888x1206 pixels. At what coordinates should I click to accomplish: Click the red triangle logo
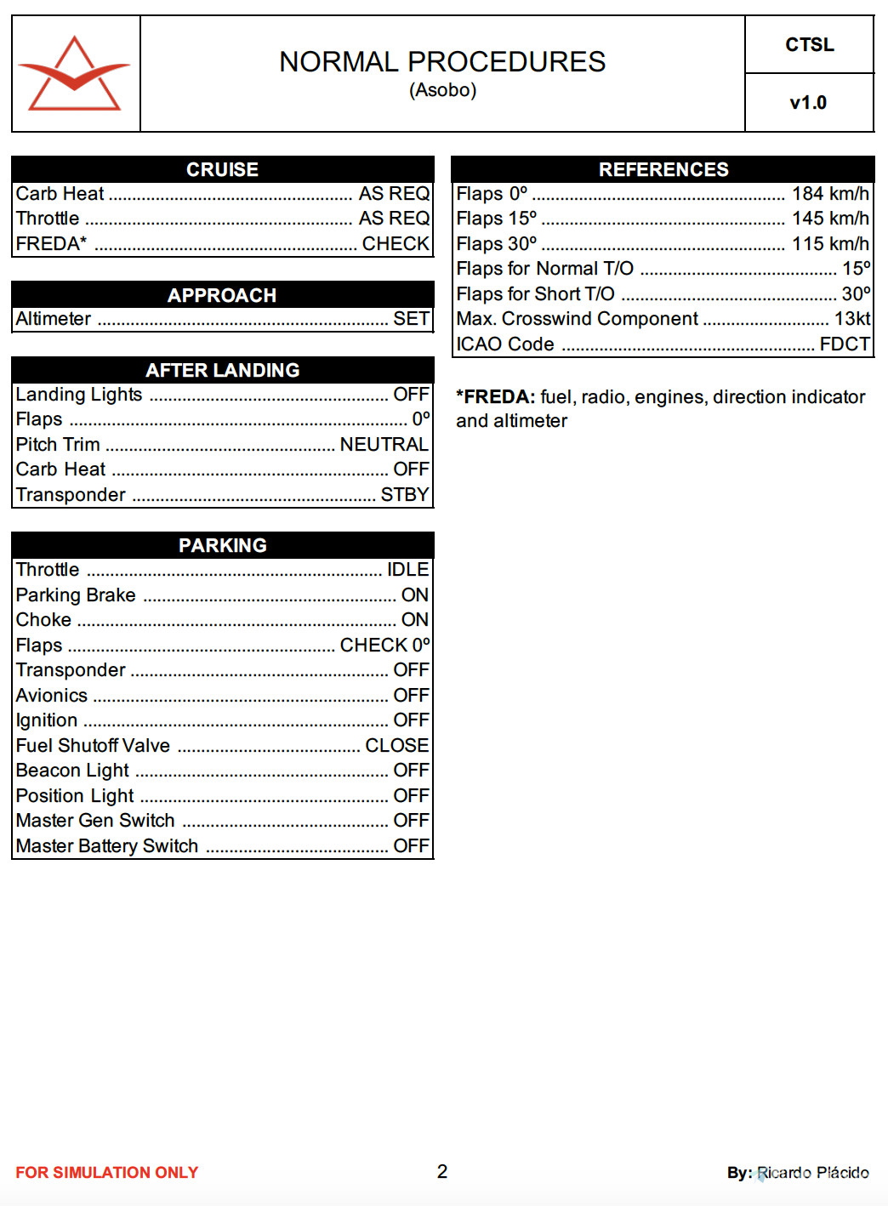coord(75,74)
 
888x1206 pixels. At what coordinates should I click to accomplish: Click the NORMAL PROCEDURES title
coord(442,62)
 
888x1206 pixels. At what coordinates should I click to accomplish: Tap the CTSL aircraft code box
coord(809,45)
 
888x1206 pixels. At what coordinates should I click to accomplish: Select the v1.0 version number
coord(808,103)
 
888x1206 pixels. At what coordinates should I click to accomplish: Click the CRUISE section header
coord(222,169)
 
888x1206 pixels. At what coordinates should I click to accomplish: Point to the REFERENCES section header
coord(663,169)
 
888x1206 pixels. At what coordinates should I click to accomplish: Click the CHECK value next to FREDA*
coord(396,244)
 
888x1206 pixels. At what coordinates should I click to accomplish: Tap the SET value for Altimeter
coord(411,319)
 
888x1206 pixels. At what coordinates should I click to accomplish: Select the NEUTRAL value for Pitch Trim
coord(384,444)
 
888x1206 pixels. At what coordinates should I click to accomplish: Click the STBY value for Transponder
coord(404,495)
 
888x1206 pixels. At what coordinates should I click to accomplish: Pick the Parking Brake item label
coord(76,594)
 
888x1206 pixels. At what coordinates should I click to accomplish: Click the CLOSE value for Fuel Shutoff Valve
coord(396,745)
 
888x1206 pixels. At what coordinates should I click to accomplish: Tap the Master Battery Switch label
coord(107,845)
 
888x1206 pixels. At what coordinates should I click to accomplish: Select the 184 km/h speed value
coord(830,194)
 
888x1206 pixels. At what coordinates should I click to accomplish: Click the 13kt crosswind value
coord(851,319)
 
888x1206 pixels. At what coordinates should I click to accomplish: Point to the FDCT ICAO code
coord(845,344)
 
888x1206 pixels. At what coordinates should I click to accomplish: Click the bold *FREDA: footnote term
coord(496,397)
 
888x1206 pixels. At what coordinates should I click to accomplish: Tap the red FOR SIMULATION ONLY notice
coord(107,1173)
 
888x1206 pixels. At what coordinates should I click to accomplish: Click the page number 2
coord(442,1171)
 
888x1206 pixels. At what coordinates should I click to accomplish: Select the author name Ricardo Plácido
coord(812,1173)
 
